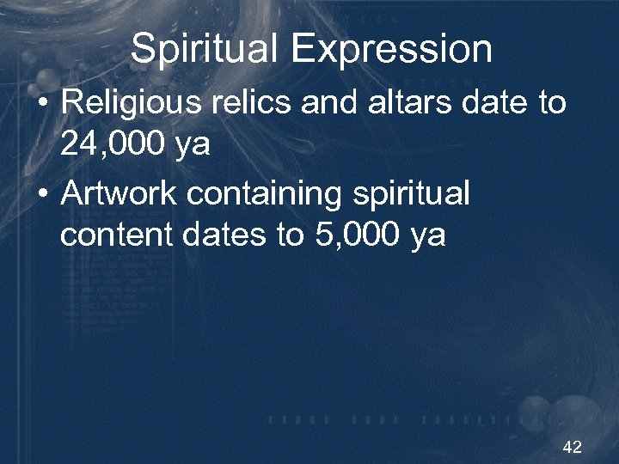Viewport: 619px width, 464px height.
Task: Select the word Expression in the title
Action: tap(391, 49)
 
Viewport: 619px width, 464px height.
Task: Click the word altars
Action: tap(403, 103)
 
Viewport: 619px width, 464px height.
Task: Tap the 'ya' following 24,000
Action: tap(190, 146)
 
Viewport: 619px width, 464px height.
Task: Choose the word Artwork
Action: tap(119, 194)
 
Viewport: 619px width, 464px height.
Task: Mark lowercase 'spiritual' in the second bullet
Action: tap(410, 194)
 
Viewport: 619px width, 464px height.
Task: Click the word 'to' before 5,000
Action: tap(289, 235)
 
